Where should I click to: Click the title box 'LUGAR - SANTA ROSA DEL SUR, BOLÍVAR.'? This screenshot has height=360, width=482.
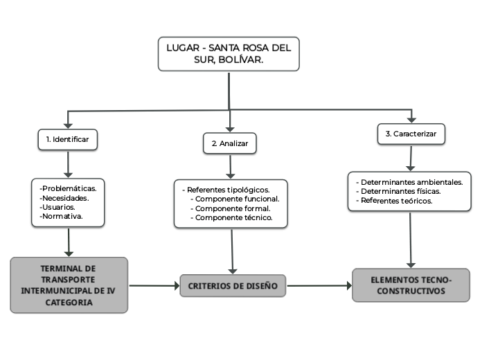229,54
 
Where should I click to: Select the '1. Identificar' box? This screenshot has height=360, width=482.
67,139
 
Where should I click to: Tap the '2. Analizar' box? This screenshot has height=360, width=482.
230,144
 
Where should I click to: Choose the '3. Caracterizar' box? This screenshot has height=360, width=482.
411,134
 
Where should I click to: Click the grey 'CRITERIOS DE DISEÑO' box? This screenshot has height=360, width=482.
233,285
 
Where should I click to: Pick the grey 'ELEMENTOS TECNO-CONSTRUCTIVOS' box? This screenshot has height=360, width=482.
411,285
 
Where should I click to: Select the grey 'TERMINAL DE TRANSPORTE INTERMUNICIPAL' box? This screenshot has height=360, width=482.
69,285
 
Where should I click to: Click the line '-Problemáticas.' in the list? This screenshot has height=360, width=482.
69,188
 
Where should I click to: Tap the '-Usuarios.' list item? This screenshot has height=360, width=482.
58,207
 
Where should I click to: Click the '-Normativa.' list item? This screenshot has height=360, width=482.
62,217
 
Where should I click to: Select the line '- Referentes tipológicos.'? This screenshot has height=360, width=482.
226,189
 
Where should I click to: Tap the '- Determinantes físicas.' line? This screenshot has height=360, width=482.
398,191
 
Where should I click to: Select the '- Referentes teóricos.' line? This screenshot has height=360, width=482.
394,201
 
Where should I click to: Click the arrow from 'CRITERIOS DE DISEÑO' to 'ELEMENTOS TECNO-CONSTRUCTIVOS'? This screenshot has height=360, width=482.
319,285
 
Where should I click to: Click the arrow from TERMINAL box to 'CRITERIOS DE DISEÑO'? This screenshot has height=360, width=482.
154,285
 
